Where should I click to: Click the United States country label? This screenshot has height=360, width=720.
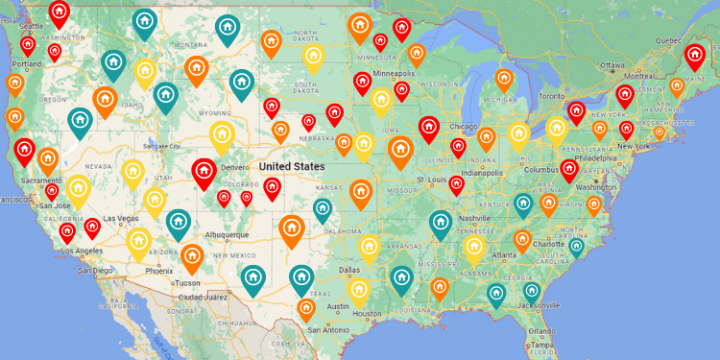coord(292,166)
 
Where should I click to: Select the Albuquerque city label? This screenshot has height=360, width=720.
coord(227,234)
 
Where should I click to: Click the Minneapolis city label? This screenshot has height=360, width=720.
coord(395,74)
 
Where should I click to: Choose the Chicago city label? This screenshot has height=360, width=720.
coord(463,127)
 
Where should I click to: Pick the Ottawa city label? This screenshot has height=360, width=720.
coord(612,65)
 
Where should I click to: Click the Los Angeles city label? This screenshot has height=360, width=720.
coord(81,251)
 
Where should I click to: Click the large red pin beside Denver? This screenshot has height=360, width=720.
coord(203,172)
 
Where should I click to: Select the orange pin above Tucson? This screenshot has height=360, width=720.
coord(192,256)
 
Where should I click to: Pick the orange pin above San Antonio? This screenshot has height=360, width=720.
coord(306,308)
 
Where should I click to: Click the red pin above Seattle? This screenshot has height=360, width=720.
coord(59,12)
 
